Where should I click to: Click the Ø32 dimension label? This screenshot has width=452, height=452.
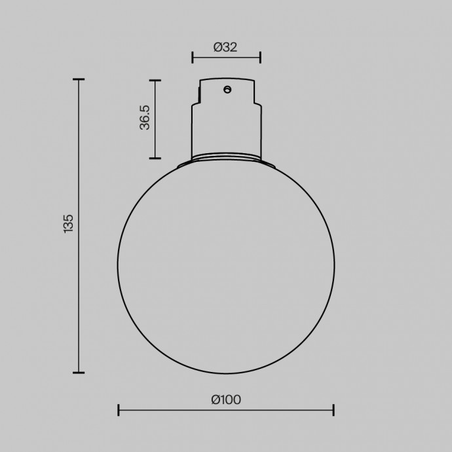click(x=225, y=47)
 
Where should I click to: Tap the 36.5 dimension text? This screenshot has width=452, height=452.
click(x=145, y=118)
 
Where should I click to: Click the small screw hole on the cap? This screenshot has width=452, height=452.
click(x=227, y=89)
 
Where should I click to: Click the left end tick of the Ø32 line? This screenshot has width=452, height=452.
click(x=193, y=57)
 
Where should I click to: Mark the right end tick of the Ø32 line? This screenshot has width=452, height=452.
click(x=260, y=57)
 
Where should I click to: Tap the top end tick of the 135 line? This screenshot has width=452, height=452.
click(x=79, y=80)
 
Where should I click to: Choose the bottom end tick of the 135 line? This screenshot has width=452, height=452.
click(x=79, y=373)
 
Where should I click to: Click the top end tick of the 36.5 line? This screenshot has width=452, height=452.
click(x=155, y=81)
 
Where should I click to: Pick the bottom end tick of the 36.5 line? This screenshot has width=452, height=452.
click(x=155, y=158)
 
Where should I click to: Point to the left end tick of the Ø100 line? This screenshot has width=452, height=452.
click(x=118, y=410)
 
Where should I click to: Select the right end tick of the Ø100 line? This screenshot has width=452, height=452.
click(x=334, y=410)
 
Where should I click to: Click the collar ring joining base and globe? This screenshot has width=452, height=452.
click(x=226, y=158)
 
